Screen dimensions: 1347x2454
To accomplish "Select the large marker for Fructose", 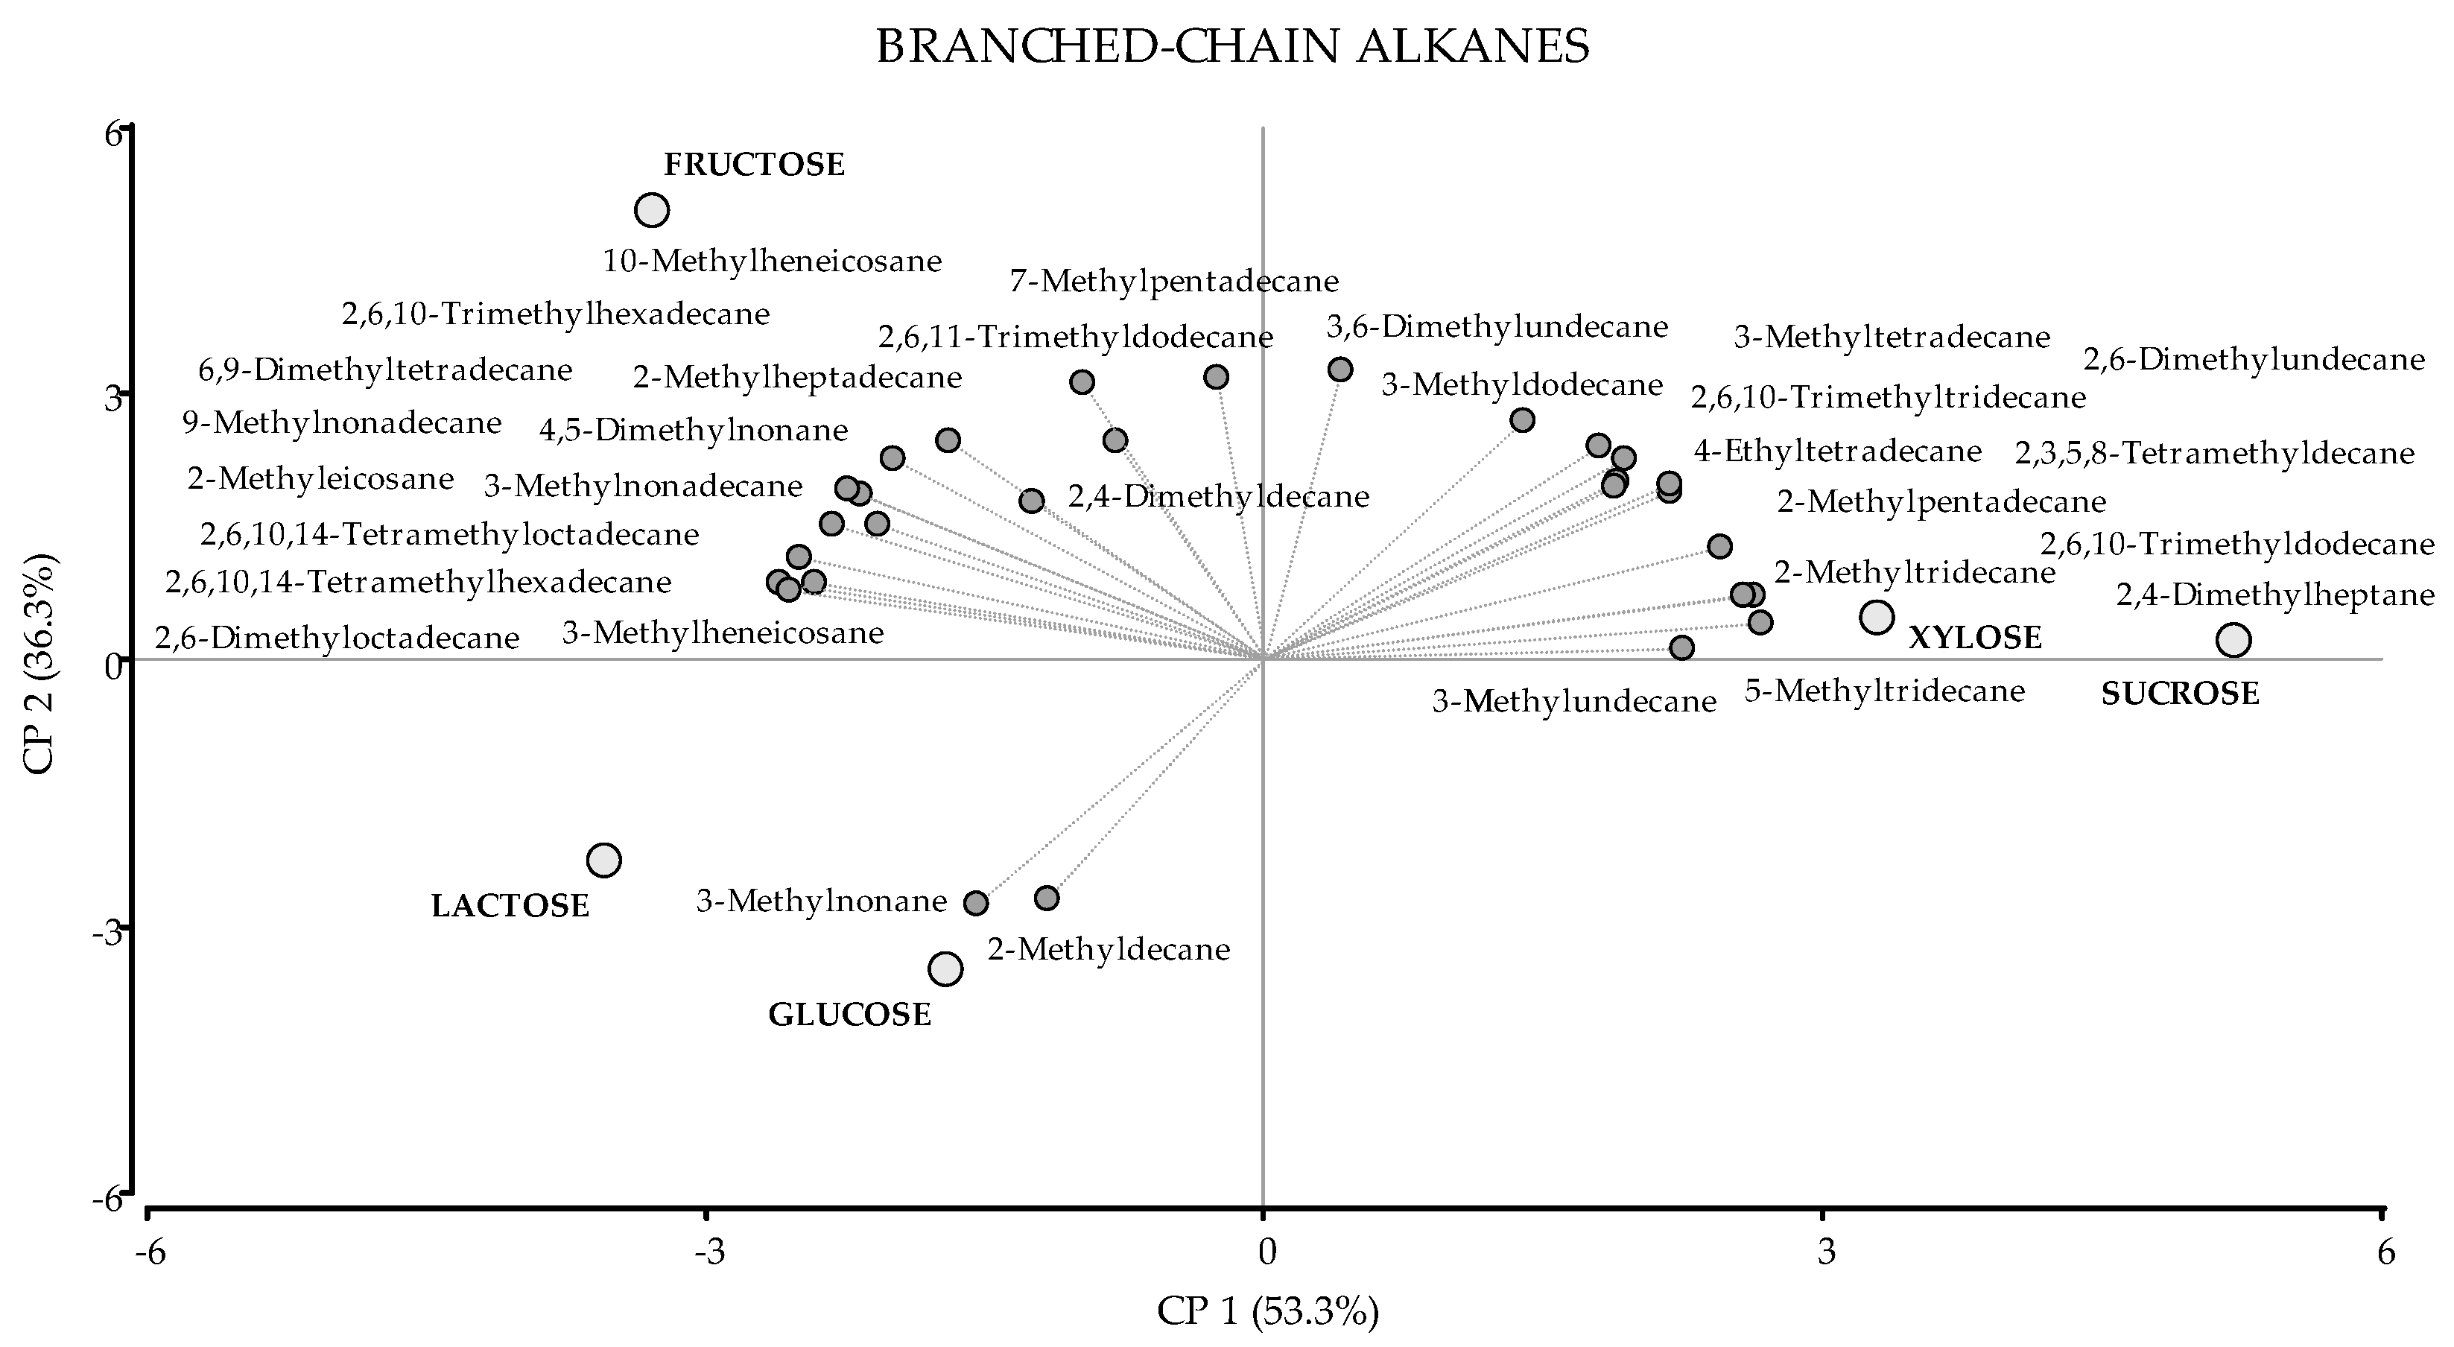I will click(x=653, y=209).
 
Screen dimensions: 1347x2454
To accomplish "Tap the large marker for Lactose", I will click(x=604, y=861).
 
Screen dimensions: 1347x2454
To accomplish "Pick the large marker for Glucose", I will click(x=945, y=969).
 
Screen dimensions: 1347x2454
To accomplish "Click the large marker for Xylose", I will click(x=1877, y=618).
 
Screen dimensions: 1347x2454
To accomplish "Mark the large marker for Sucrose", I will click(x=2233, y=640).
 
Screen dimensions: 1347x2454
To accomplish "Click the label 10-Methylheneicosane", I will click(x=772, y=261).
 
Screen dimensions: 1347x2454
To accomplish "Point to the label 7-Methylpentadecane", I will click(x=1173, y=281).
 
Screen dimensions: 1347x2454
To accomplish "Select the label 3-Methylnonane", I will click(x=821, y=901).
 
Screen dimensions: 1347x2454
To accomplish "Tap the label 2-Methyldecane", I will click(x=1109, y=950).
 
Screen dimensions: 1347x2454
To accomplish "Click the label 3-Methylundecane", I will click(x=1573, y=702).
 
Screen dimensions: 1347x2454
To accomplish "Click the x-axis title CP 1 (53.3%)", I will click(x=1268, y=1312).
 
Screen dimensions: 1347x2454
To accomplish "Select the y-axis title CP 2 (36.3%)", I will click(x=40, y=664).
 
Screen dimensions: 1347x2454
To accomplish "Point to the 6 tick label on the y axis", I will click(x=113, y=133).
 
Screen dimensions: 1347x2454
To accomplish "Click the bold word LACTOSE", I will click(x=510, y=906).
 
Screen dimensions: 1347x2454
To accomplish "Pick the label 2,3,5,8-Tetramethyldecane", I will click(x=2214, y=454).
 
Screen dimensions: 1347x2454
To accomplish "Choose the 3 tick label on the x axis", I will click(x=1825, y=1252).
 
